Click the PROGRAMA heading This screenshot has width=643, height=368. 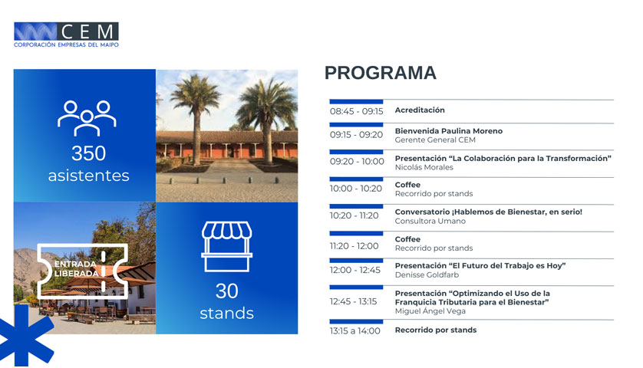click(380, 73)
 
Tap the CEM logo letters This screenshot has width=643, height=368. click(87, 31)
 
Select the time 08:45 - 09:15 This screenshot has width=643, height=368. click(356, 111)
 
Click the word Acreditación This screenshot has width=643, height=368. click(420, 110)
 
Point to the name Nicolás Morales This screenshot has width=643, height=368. click(424, 167)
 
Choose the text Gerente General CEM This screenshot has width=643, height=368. click(435, 140)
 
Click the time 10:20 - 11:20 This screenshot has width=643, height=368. click(354, 215)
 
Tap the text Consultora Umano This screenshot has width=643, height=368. click(430, 221)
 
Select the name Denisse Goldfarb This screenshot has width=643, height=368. click(427, 274)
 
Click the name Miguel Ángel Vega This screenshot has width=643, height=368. click(430, 311)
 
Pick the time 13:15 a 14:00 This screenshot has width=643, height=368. click(354, 331)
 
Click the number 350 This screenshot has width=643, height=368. click(88, 153)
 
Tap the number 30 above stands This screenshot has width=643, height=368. click(227, 291)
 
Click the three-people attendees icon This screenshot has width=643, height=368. click(87, 118)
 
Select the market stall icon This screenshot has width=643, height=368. click(227, 247)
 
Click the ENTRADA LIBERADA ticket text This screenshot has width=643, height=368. click(77, 269)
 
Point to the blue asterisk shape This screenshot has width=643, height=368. click(25, 336)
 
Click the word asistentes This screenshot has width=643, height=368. click(88, 176)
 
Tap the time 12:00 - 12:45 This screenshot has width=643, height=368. click(354, 270)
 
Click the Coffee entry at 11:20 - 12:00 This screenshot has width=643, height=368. click(407, 239)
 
